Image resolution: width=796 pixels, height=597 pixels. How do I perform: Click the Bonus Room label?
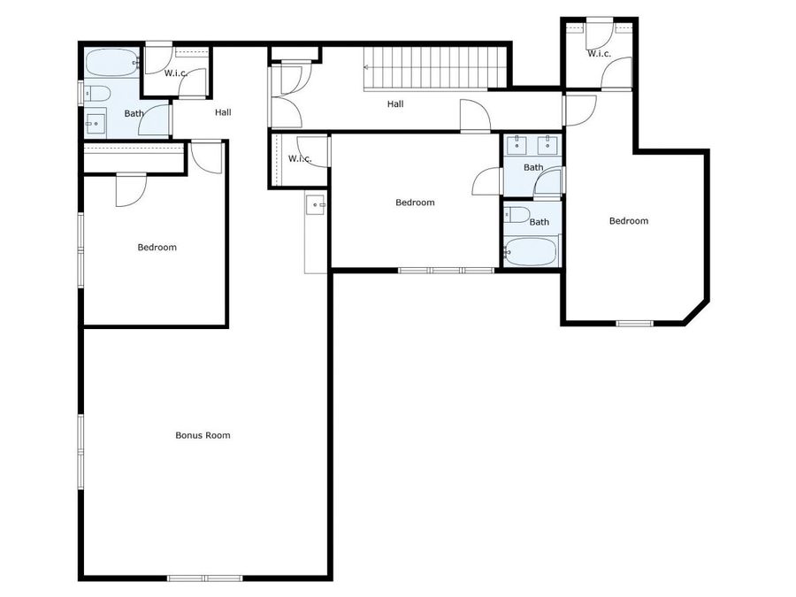click(x=203, y=435)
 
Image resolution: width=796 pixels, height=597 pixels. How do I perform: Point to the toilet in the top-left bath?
click(x=97, y=93)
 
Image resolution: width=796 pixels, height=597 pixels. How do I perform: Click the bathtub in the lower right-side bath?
click(x=532, y=251)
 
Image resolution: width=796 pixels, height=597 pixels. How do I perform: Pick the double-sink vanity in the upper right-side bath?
click(x=532, y=144)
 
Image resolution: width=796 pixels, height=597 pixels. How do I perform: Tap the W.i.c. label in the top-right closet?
click(x=599, y=54)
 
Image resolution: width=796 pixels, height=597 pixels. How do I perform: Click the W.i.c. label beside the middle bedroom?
click(x=300, y=159)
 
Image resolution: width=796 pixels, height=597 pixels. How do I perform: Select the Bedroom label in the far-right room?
click(x=629, y=221)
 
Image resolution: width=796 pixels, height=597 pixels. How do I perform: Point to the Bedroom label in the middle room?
click(x=415, y=203)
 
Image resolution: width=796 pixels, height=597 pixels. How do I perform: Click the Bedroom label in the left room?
click(x=157, y=248)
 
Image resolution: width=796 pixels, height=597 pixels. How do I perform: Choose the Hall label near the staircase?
click(x=395, y=104)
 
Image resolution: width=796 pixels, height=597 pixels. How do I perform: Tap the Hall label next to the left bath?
click(x=223, y=112)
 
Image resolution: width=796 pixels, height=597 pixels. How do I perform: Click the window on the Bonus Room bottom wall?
click(x=204, y=578)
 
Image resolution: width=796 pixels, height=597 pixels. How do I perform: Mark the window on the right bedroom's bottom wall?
click(x=634, y=323)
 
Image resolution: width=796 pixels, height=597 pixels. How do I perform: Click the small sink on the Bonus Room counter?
click(x=317, y=205)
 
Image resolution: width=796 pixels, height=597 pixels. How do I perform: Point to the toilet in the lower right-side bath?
click(x=517, y=215)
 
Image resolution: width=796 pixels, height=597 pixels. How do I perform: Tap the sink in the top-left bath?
click(x=95, y=123)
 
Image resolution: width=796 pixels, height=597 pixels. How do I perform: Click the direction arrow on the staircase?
click(x=367, y=66)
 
